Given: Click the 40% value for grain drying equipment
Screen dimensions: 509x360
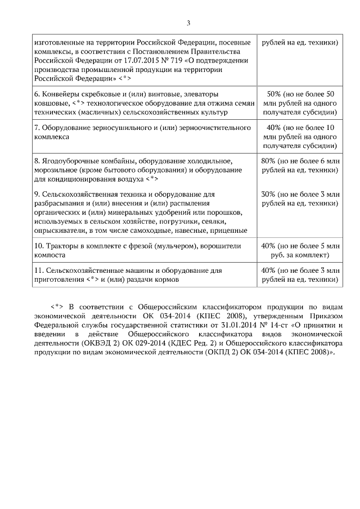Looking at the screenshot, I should click(x=272, y=128).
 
